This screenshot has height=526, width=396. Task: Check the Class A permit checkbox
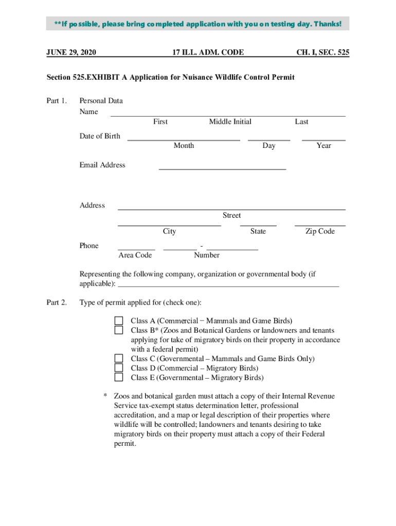click(x=119, y=321)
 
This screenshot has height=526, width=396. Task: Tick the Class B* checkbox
click(x=119, y=330)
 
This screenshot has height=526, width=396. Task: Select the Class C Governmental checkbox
click(x=119, y=359)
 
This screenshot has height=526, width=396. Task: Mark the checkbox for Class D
click(x=119, y=368)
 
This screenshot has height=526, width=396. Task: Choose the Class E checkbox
click(x=119, y=378)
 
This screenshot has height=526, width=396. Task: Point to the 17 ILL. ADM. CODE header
click(x=208, y=52)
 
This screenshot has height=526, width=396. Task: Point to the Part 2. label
click(x=57, y=302)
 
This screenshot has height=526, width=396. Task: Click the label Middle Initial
click(x=230, y=122)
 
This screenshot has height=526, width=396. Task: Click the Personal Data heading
click(x=101, y=101)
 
